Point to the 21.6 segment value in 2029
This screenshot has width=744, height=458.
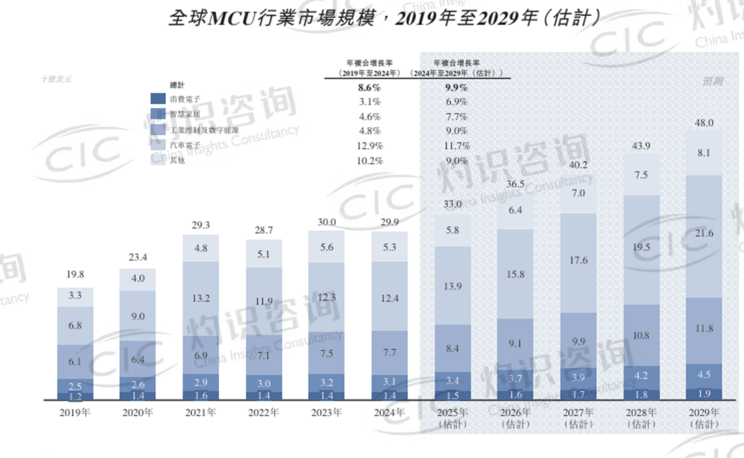coord(705,234)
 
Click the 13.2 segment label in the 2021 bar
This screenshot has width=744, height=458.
coord(200,298)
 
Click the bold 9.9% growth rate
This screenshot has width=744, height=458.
coord(455,87)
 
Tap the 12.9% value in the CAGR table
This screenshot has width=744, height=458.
coord(370,146)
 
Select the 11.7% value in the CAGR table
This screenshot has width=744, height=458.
coord(456,146)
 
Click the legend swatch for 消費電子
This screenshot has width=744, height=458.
coord(159,99)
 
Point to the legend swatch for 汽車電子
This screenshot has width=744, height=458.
coord(159,145)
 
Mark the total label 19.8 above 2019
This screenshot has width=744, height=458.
coord(75,275)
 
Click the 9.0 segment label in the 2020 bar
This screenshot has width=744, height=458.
coord(138,316)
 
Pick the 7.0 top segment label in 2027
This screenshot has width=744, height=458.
coord(578,194)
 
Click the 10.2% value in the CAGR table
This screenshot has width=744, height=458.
coord(370,160)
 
